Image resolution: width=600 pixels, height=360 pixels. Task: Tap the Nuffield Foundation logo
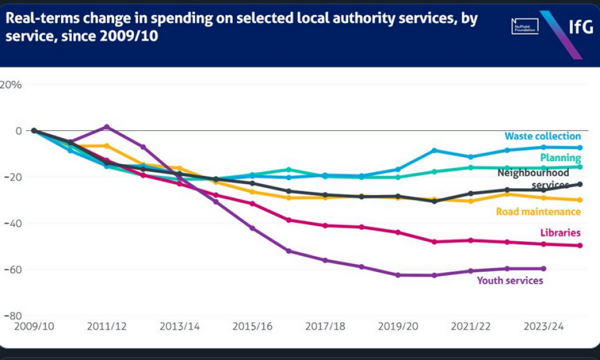click(524, 26)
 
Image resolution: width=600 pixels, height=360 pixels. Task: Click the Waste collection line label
click(542, 136)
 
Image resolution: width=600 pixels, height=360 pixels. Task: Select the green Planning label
click(560, 157)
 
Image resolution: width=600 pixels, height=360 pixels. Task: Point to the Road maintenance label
click(538, 211)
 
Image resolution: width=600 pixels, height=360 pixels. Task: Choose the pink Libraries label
click(560, 232)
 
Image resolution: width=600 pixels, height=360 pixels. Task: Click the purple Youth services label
click(510, 280)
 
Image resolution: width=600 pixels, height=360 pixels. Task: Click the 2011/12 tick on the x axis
click(107, 327)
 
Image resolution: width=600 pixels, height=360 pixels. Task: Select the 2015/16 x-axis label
click(253, 327)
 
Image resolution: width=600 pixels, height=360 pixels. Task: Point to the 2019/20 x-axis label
click(398, 327)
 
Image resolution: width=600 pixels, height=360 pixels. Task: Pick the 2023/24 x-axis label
click(544, 327)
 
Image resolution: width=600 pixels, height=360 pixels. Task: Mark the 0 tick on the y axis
click(19, 131)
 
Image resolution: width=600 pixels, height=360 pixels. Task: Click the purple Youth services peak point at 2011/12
click(107, 127)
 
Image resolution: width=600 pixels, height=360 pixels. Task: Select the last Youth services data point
click(544, 268)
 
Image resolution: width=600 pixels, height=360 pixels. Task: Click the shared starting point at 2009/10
click(34, 131)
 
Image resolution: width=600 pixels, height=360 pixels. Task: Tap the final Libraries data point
click(580, 245)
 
